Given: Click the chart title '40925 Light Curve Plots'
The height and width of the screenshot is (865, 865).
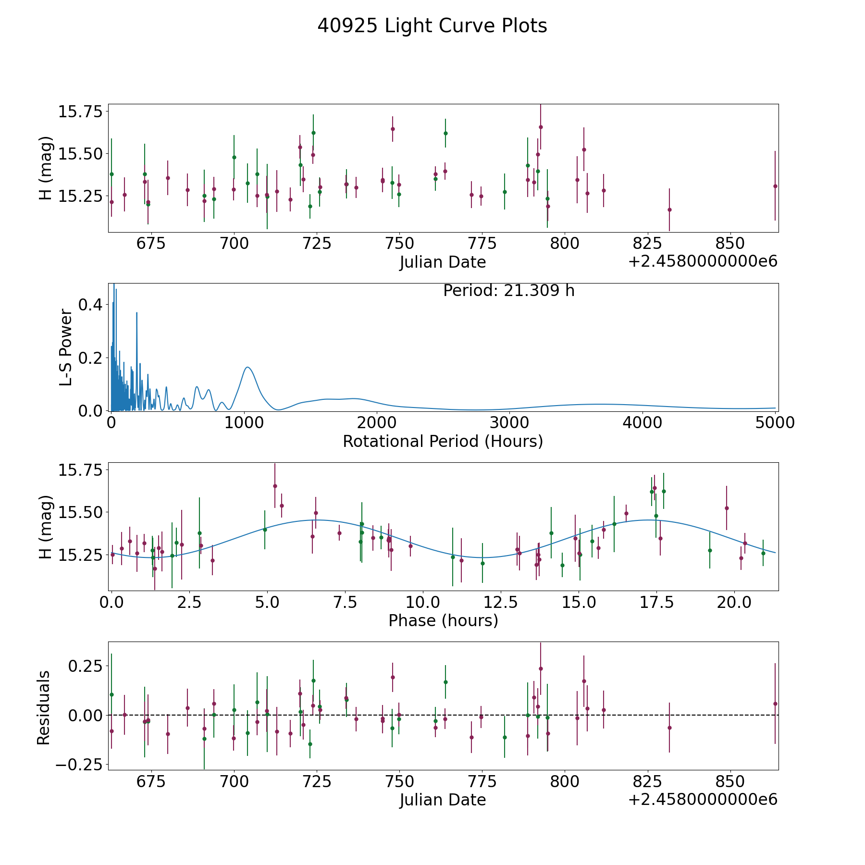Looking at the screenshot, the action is [432, 26].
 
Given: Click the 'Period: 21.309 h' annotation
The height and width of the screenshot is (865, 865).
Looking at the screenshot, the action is [509, 291].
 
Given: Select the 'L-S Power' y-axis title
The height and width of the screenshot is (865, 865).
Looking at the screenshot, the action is [66, 347].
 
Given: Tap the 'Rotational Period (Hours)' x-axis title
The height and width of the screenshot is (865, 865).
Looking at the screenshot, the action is [443, 441].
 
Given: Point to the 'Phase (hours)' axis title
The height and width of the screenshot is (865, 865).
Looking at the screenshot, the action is [443, 620].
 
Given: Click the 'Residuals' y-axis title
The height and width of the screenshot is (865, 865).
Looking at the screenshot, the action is [44, 707].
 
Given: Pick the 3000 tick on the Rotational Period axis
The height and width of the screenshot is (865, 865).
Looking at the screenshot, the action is [509, 422].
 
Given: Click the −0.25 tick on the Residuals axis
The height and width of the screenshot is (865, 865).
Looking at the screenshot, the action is [80, 765].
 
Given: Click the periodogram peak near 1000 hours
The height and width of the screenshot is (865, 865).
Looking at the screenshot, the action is [247, 367].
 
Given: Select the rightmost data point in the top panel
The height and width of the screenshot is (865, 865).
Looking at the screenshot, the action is [775, 186].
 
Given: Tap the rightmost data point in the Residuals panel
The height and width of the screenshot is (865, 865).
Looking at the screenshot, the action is [775, 704].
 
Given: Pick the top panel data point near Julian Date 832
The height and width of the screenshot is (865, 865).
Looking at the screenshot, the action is [669, 210].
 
